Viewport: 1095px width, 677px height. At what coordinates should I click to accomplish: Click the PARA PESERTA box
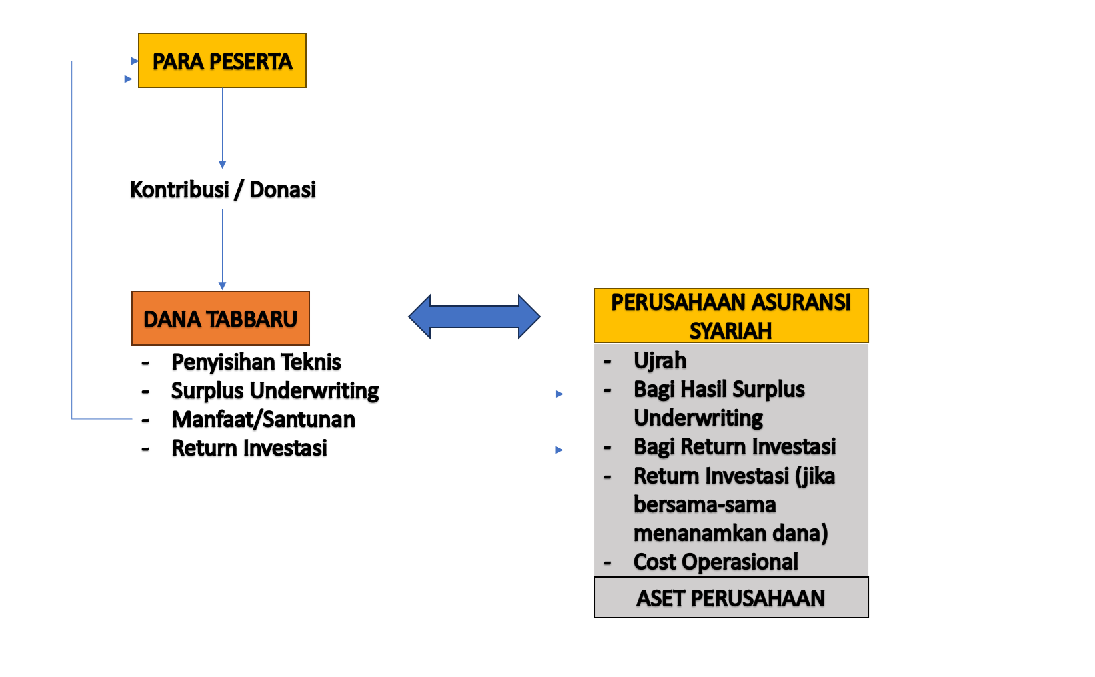coord(222,61)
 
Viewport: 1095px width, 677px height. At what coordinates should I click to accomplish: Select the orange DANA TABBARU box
coord(221,319)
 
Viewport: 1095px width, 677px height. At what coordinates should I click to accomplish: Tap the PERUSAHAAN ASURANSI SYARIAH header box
coord(731,315)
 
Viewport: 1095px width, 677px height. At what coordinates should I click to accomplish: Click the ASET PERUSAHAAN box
coord(731,598)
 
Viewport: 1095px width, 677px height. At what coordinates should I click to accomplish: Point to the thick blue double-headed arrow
coord(474,316)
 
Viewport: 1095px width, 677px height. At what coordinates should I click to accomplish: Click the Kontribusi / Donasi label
coord(223,189)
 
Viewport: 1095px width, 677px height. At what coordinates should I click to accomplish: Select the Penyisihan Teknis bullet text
coord(256,362)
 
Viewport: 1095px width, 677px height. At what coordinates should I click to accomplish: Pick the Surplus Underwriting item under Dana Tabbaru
coord(275,390)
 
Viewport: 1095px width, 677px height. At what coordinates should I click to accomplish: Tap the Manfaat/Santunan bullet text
coord(263,420)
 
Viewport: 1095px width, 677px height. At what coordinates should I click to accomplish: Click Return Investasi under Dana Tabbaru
coord(249,448)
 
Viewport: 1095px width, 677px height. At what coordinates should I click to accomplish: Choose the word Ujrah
coord(660,360)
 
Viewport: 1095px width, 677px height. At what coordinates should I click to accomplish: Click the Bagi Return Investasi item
coord(734,446)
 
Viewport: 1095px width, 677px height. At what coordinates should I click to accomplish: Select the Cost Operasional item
coord(716,562)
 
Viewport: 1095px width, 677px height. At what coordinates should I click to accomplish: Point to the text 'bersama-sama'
coord(704,504)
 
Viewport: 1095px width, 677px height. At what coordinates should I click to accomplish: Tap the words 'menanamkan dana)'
coord(730,533)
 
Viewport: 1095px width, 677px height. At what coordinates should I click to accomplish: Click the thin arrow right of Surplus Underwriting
coord(485,394)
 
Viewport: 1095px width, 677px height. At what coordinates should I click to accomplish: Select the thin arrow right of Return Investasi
coord(467,450)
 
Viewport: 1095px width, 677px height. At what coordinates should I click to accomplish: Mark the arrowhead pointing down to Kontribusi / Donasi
coord(223,164)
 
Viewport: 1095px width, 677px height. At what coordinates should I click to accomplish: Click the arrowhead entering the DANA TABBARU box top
coord(223,286)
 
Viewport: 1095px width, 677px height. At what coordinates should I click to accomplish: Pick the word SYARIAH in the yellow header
coord(730,331)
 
